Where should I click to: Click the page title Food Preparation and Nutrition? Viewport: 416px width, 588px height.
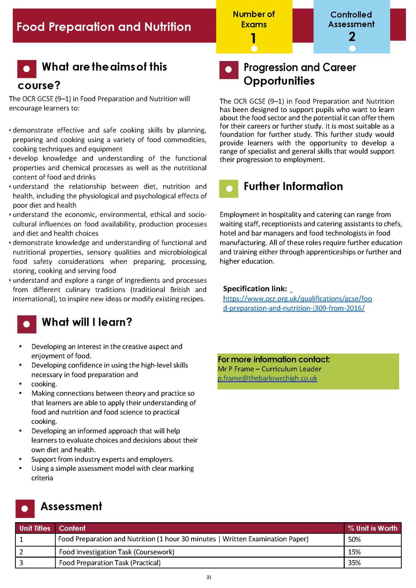click(104, 27)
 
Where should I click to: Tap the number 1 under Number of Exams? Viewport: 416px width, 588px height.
click(253, 38)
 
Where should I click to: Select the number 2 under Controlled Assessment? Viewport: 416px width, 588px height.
click(352, 36)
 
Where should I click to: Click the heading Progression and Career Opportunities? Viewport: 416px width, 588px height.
click(300, 74)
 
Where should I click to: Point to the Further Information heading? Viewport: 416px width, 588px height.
click(293, 186)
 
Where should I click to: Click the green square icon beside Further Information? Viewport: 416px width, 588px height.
click(229, 189)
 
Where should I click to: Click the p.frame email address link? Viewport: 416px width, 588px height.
click(267, 378)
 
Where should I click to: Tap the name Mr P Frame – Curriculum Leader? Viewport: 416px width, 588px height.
click(269, 369)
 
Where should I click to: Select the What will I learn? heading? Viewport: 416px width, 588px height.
click(87, 322)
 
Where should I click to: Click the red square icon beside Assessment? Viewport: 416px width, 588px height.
click(25, 509)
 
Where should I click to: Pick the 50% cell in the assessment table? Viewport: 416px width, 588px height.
click(354, 539)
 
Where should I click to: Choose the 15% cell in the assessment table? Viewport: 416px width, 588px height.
click(354, 552)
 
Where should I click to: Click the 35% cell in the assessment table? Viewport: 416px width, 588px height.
click(354, 563)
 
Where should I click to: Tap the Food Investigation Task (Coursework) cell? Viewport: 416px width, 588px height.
click(116, 552)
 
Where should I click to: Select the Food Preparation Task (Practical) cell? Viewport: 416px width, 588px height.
click(110, 563)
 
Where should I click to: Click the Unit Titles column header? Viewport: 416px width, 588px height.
click(35, 528)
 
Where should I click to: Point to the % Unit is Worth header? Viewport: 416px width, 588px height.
click(372, 528)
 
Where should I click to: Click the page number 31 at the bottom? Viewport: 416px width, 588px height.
click(209, 577)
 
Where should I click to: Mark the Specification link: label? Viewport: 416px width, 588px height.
click(255, 288)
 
